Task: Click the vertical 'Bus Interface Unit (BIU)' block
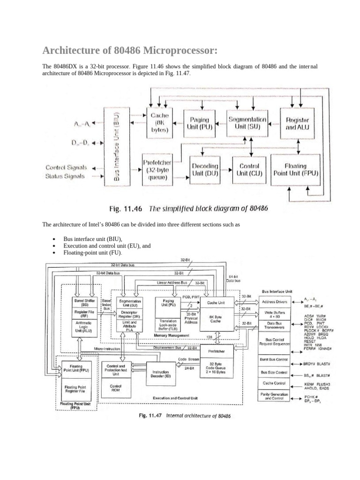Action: [118, 146]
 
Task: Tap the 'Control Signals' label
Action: [65, 167]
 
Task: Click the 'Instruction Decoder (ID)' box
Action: [160, 374]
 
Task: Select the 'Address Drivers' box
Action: [275, 302]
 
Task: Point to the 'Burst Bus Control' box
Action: [274, 359]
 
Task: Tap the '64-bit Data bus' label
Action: [233, 279]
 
